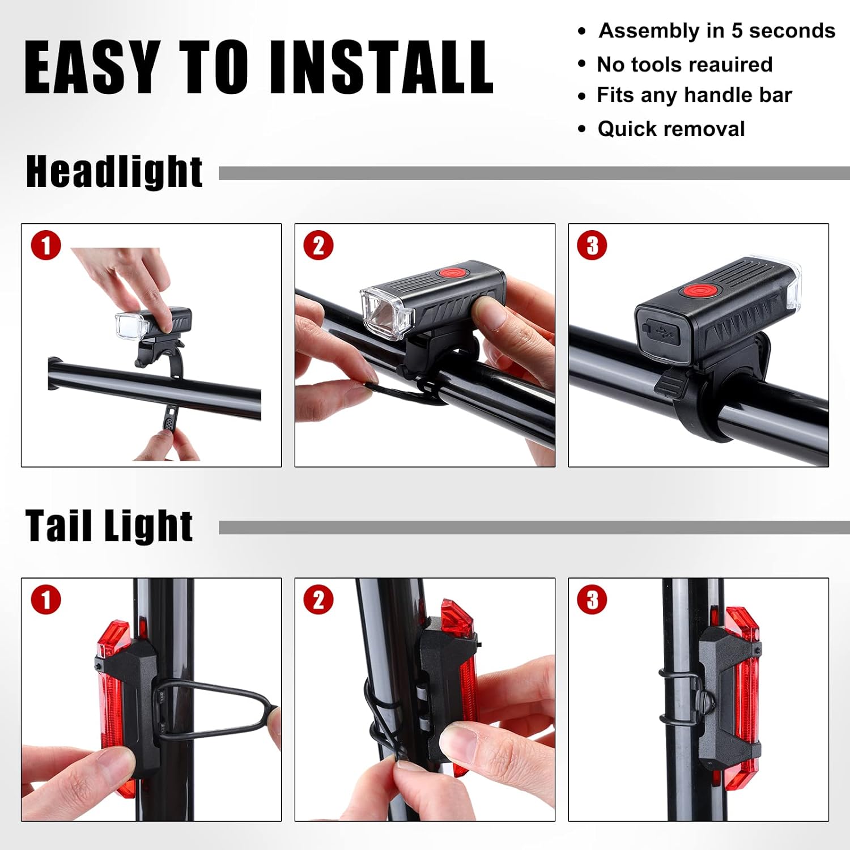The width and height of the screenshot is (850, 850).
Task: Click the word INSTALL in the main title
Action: pyautogui.click(x=381, y=67)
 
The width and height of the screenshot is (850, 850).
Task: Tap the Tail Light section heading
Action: pyautogui.click(x=109, y=525)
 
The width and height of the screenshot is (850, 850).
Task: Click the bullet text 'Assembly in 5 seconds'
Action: pyautogui.click(x=717, y=31)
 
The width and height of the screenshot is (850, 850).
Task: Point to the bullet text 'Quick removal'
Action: pyautogui.click(x=671, y=129)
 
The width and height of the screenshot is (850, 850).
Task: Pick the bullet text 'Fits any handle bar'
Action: pyautogui.click(x=694, y=95)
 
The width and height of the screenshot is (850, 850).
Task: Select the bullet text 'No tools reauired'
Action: pyautogui.click(x=685, y=65)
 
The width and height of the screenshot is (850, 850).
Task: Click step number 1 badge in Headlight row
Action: pyautogui.click(x=46, y=246)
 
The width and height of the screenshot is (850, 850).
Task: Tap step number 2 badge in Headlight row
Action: pyautogui.click(x=318, y=246)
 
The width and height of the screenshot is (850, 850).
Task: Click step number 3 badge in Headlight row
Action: pyautogui.click(x=592, y=246)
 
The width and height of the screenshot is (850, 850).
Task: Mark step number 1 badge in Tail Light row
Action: pyautogui.click(x=46, y=600)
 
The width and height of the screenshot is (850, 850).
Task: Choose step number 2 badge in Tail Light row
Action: pyautogui.click(x=318, y=600)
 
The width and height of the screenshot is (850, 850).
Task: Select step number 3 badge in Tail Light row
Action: pyautogui.click(x=592, y=600)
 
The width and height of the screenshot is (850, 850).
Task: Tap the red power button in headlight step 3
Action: pyautogui.click(x=700, y=291)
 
